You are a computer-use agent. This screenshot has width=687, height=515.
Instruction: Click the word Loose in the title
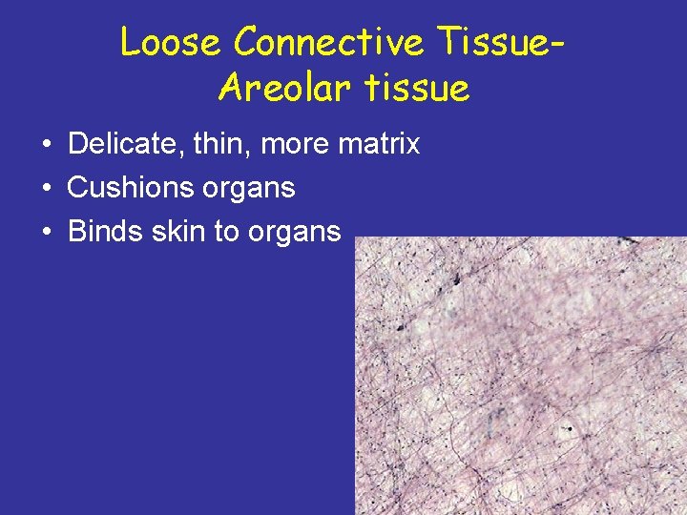(172, 43)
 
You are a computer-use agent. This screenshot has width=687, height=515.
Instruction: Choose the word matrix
(380, 144)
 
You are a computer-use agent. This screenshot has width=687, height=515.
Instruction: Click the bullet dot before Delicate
(46, 145)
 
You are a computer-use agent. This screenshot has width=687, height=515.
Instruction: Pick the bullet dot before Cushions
(46, 189)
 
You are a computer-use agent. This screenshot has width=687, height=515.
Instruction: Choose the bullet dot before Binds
(46, 233)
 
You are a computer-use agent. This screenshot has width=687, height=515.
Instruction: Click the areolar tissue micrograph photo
(520, 376)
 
